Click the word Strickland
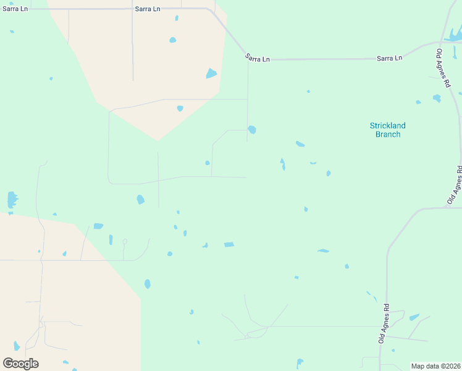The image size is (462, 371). click(x=387, y=126)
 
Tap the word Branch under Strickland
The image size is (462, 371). click(x=387, y=134)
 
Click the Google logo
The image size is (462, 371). click(x=20, y=363)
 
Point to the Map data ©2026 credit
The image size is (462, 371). click(x=435, y=365)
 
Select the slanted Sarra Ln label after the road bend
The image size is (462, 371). click(x=258, y=58)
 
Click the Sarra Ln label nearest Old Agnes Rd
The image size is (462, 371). click(x=389, y=58)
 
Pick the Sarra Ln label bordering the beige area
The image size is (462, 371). click(x=148, y=9)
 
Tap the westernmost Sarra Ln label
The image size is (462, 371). click(x=15, y=9)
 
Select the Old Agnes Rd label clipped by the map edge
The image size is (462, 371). click(x=456, y=185)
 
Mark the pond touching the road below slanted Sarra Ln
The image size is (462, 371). click(x=252, y=130)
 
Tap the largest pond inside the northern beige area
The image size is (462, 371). click(x=211, y=74)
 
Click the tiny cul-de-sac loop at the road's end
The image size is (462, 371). click(x=125, y=242)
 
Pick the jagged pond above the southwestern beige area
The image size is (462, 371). click(x=12, y=199)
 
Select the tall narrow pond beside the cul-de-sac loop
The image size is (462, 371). click(x=111, y=239)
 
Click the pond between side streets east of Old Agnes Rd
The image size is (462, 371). click(x=414, y=317)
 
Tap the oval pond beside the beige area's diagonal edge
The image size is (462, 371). click(x=147, y=284)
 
